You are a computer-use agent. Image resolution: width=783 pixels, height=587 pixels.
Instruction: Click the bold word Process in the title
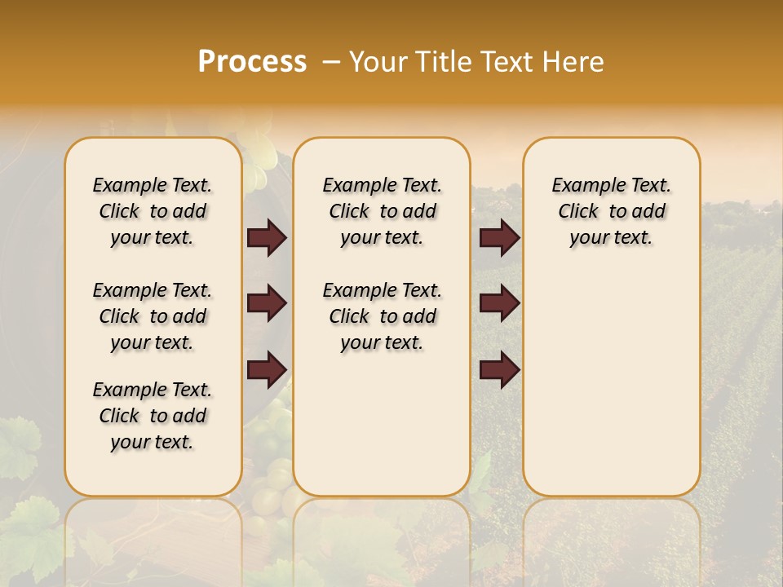(x=252, y=62)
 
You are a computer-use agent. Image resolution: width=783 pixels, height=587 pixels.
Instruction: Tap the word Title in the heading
(x=440, y=62)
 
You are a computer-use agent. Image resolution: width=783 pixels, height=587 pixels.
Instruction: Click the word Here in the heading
(x=574, y=62)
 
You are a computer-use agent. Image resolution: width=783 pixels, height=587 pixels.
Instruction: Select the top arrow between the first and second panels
(x=267, y=237)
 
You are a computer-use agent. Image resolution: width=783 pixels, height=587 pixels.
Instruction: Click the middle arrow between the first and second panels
(x=267, y=303)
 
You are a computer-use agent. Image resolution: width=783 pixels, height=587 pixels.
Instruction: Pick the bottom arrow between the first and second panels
(x=267, y=369)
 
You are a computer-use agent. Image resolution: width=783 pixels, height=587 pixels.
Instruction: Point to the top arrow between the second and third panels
(x=499, y=237)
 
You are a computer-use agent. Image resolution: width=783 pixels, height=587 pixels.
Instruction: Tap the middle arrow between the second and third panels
(x=499, y=303)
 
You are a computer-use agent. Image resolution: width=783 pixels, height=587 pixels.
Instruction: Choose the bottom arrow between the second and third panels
(x=499, y=369)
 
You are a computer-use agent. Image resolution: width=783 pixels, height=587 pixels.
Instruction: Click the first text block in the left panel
(x=153, y=211)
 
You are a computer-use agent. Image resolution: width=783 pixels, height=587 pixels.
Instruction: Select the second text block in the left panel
(x=153, y=316)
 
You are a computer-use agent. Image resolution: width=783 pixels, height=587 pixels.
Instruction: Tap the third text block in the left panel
(x=153, y=416)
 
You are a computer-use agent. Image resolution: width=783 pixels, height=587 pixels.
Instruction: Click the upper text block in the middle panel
(x=382, y=211)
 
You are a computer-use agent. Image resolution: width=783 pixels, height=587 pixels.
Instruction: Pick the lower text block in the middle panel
(x=382, y=316)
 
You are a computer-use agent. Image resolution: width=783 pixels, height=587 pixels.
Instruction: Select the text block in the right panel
(x=611, y=211)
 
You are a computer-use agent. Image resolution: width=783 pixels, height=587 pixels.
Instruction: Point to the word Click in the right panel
(x=578, y=212)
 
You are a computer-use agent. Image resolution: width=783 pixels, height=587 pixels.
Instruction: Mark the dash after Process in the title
(x=332, y=62)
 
